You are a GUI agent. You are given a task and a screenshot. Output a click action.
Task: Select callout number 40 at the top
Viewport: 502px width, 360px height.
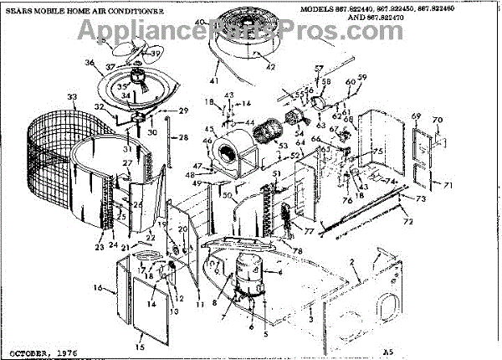pos(199,20)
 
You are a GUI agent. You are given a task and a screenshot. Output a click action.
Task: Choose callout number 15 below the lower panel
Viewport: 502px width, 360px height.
pos(140,346)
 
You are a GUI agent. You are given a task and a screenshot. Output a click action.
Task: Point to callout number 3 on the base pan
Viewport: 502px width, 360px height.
pos(310,318)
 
